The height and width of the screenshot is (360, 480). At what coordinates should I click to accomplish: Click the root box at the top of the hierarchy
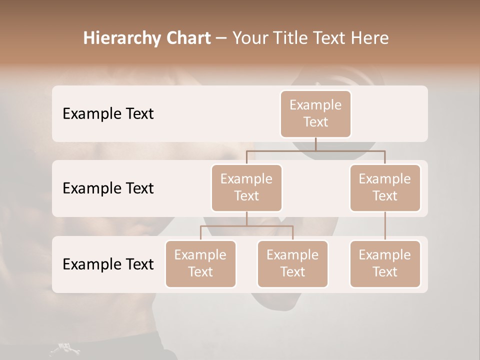pos(315,114)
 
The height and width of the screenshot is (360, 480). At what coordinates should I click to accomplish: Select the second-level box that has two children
pos(246,188)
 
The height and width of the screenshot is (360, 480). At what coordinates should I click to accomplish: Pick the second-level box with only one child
pos(385,188)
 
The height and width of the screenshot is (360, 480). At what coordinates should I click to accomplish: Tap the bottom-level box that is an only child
pos(385,264)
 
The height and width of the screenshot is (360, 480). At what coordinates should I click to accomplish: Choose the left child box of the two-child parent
pos(200,264)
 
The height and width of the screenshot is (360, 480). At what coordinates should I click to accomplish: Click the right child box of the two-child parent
pos(292,264)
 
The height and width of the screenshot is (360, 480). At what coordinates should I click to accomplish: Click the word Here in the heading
pos(369,38)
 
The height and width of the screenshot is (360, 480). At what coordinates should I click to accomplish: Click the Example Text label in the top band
pos(108,114)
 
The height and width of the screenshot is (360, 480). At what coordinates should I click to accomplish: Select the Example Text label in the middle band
pos(108,188)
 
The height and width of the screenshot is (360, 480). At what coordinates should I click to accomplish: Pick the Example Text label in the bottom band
pos(108,264)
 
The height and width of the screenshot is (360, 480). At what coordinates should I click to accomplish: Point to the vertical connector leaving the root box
pos(315,144)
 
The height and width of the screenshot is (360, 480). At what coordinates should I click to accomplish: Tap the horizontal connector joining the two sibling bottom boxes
pos(246,226)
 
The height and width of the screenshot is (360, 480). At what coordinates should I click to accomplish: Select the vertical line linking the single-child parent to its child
pos(385,226)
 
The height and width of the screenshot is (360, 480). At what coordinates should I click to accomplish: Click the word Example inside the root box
pos(315,105)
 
